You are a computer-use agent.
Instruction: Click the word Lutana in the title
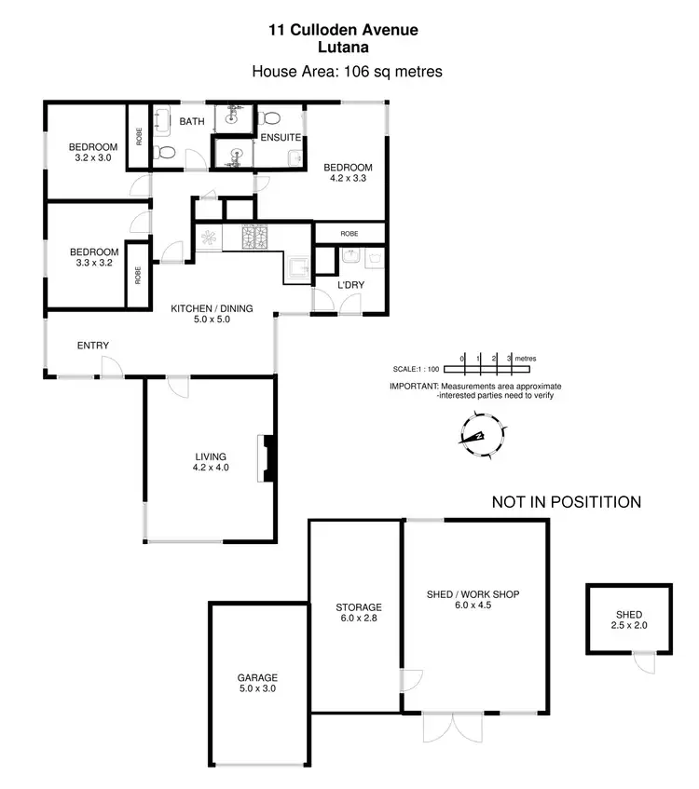pyautogui.click(x=343, y=48)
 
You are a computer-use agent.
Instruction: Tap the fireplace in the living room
pyautogui.click(x=268, y=458)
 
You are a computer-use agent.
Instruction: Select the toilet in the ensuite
pyautogui.click(x=269, y=118)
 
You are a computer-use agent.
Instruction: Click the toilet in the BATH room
pyautogui.click(x=166, y=153)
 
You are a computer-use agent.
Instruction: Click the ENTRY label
pyautogui.click(x=93, y=346)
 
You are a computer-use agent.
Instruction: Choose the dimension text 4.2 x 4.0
pyautogui.click(x=211, y=468)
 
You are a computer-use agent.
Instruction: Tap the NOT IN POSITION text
pyautogui.click(x=566, y=502)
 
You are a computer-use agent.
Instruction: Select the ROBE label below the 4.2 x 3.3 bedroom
pyautogui.click(x=349, y=234)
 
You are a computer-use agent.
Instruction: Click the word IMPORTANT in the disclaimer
pyautogui.click(x=414, y=386)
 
